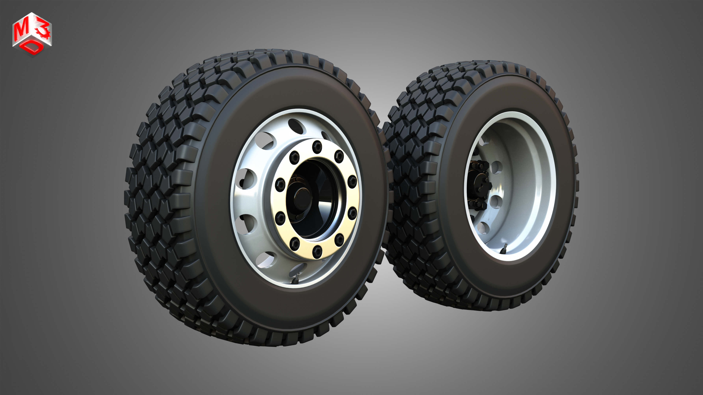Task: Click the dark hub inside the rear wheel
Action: point(479,185)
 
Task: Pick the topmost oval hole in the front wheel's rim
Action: point(296,126)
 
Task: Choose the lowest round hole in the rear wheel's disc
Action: point(483,228)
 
